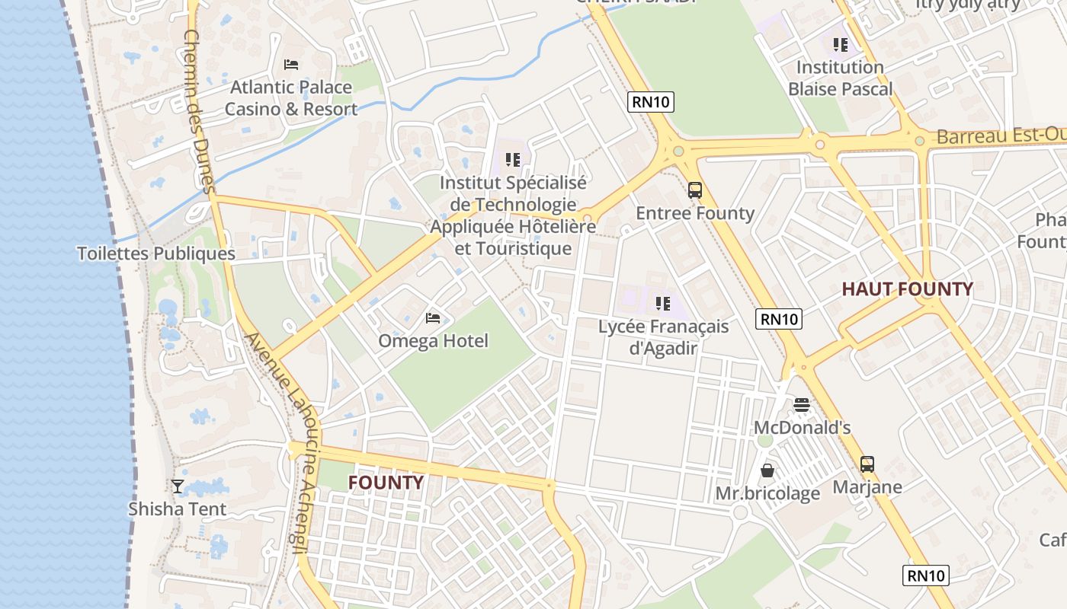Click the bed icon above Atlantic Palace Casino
[x=290, y=65]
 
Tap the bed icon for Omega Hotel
[x=433, y=318]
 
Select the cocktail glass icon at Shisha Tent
[x=178, y=486]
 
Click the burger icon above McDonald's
[x=801, y=405]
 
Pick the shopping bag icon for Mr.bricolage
[x=767, y=470]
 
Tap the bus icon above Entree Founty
[x=695, y=190]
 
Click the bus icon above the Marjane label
[x=867, y=464]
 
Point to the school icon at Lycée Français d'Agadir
[x=663, y=304]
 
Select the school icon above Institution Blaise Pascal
[x=841, y=45]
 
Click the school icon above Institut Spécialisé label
[x=513, y=160]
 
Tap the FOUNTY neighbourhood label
[x=386, y=483]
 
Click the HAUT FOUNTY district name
[x=907, y=289]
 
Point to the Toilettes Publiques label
[x=156, y=253]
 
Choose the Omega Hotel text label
[x=433, y=341]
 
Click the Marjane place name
[x=867, y=487]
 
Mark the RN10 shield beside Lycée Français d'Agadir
[x=779, y=319]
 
